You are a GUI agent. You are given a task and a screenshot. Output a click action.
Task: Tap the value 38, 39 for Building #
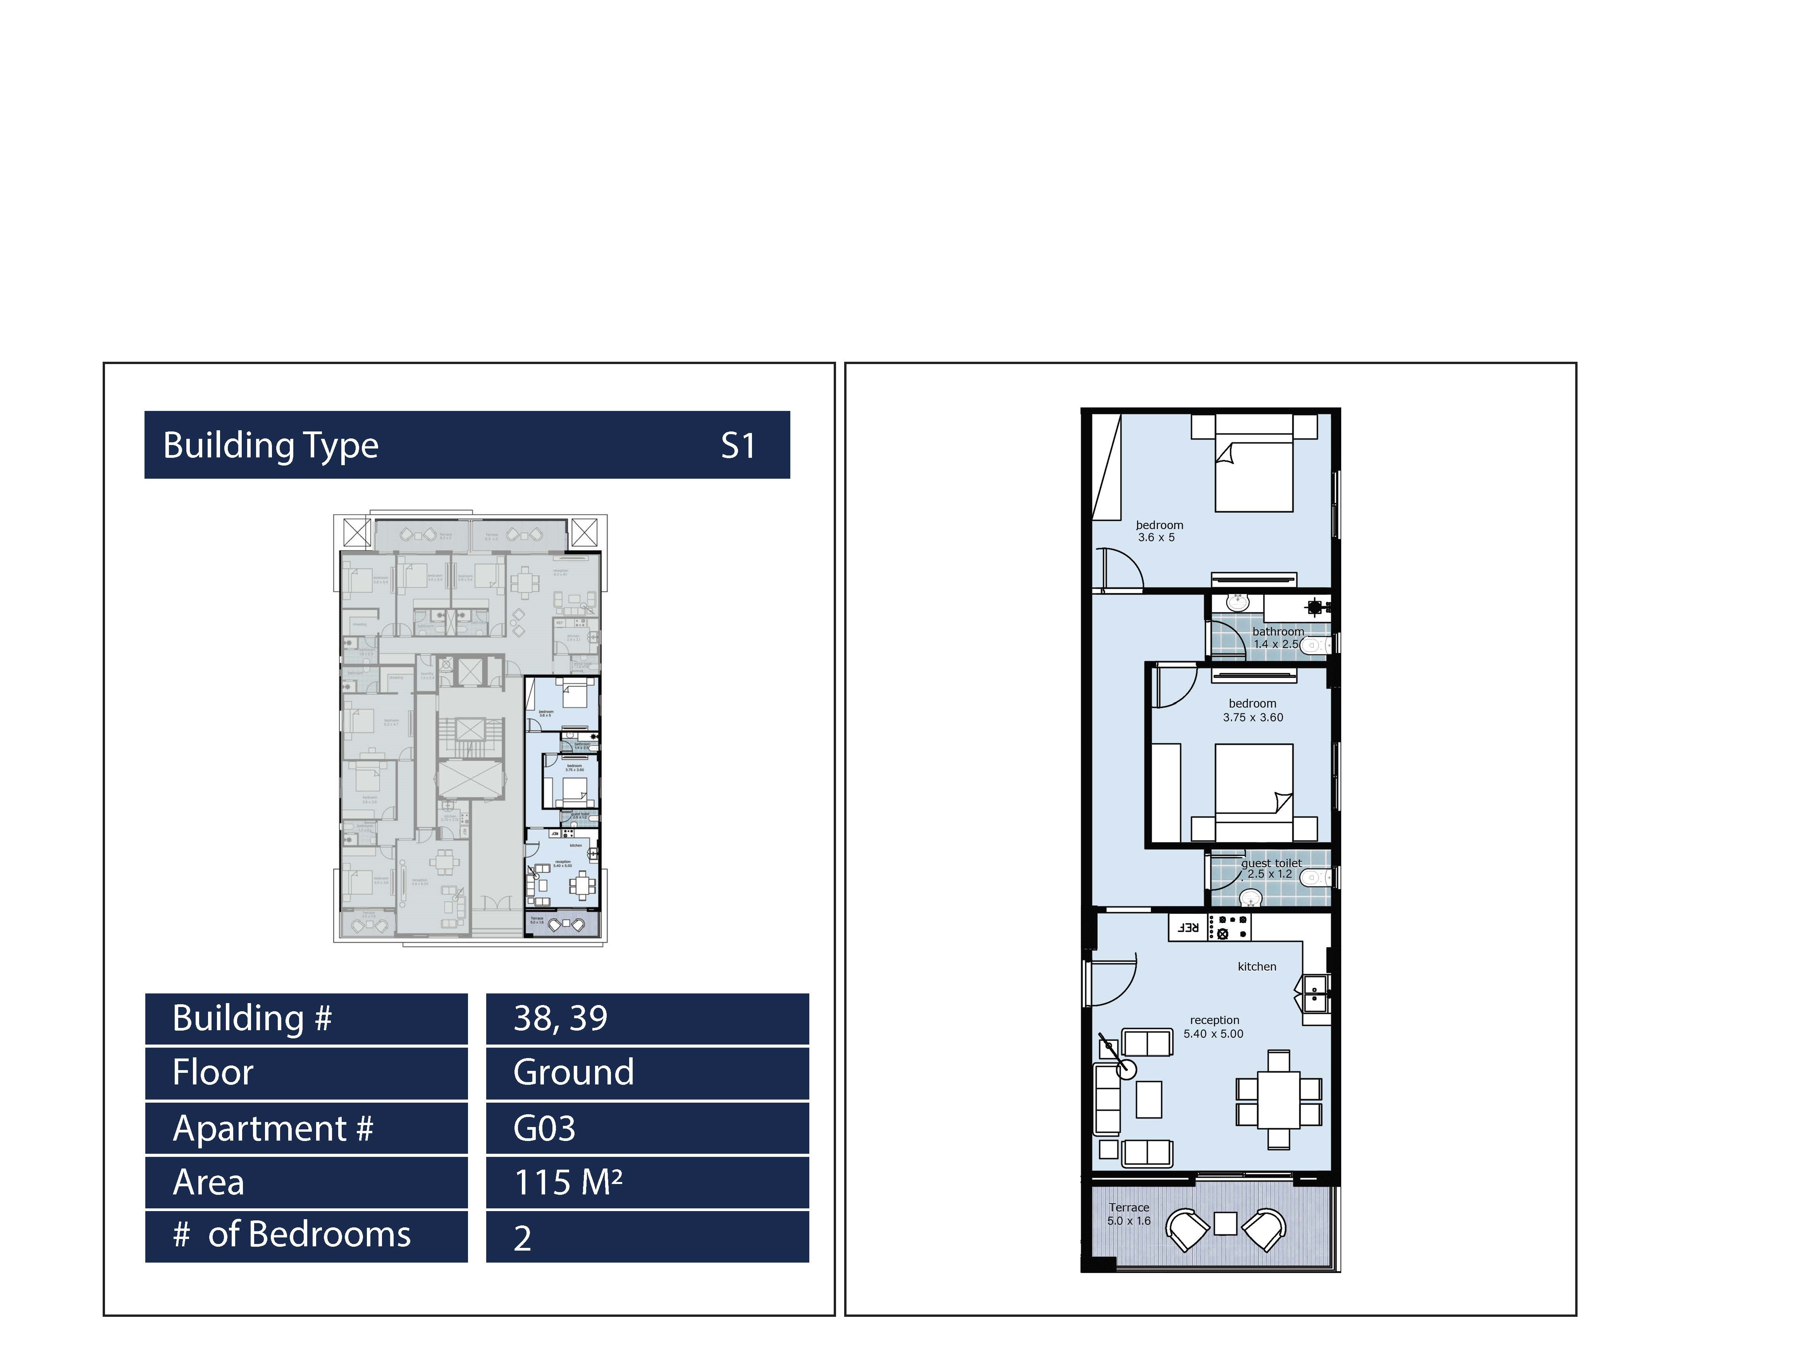pos(561,1019)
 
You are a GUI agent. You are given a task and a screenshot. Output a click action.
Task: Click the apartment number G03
pos(544,1129)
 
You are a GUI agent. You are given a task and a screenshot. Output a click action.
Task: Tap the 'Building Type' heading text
pos(271,446)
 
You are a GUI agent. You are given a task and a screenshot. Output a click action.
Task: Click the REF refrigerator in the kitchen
pos(1187,928)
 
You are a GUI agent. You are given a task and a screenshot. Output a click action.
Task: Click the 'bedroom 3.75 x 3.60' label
pos(1253,710)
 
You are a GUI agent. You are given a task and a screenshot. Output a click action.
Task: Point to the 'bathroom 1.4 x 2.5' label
pos(1277,637)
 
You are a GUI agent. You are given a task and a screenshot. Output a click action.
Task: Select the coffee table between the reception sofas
pos(1149,1100)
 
